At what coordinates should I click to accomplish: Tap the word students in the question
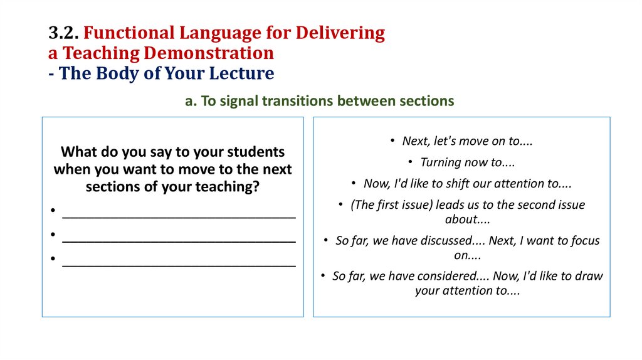coord(253,152)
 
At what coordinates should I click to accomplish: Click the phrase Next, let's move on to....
coord(467,141)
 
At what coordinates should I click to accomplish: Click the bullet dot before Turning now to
coord(409,162)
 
